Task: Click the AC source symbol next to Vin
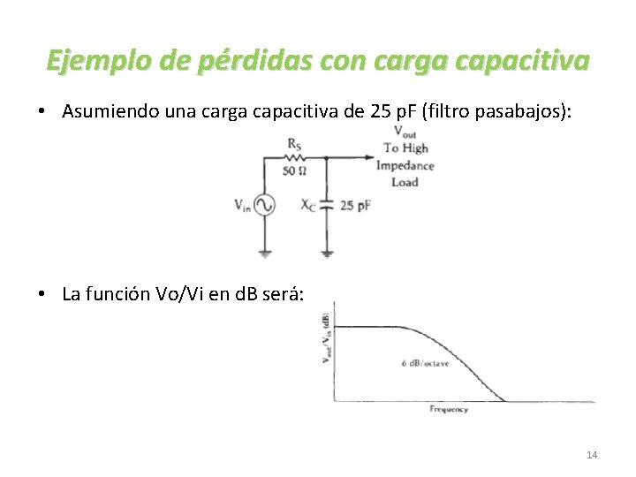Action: coord(264,204)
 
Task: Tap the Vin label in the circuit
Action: coord(242,205)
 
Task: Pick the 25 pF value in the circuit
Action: coord(355,205)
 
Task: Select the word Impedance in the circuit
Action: coord(405,165)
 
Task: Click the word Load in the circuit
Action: coord(405,182)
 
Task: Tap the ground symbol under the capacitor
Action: coord(327,254)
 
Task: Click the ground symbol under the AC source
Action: coord(264,254)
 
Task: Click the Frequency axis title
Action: coord(449,409)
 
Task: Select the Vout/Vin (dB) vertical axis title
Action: coord(326,337)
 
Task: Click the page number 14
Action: coord(592,455)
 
